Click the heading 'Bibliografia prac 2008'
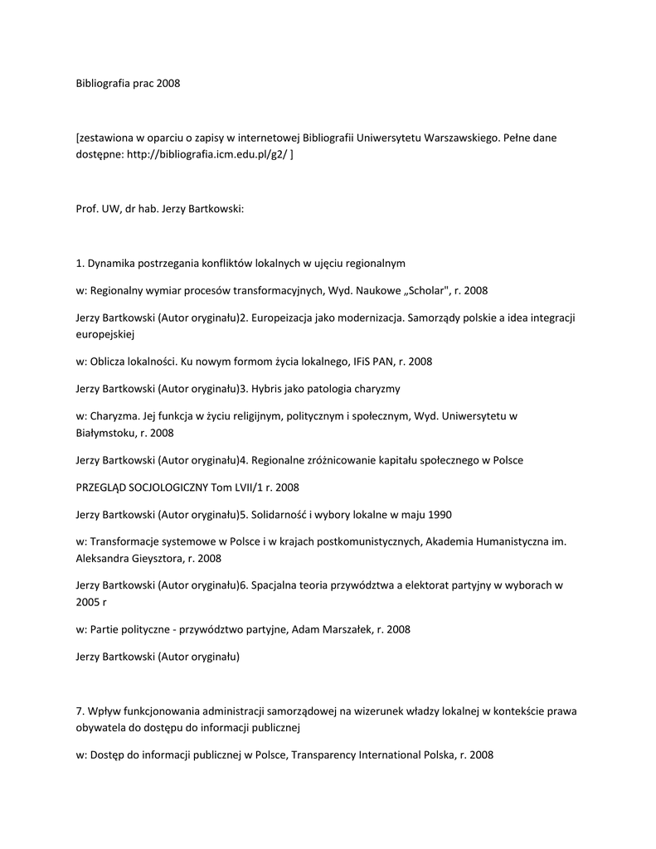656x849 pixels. point(128,84)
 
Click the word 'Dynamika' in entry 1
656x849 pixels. point(112,264)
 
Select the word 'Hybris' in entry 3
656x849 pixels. point(268,389)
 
